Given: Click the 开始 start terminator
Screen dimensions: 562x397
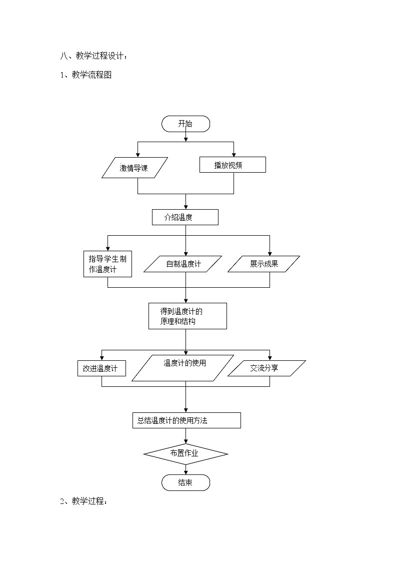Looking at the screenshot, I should pyautogui.click(x=185, y=124).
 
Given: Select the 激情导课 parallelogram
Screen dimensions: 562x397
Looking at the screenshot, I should pyautogui.click(x=135, y=168).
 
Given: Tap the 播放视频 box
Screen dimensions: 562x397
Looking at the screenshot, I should pyautogui.click(x=232, y=165).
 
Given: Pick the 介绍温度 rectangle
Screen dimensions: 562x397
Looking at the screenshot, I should pyautogui.click(x=185, y=217).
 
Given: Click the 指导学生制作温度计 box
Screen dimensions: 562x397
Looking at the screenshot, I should pyautogui.click(x=107, y=264).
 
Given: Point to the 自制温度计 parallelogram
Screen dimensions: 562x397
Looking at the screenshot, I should pyautogui.click(x=182, y=264).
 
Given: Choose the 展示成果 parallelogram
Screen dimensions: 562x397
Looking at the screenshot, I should pyautogui.click(x=263, y=264).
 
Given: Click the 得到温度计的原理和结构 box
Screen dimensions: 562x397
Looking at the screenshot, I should pyautogui.click(x=187, y=316).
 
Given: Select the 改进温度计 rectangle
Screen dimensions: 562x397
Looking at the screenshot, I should pyautogui.click(x=101, y=368).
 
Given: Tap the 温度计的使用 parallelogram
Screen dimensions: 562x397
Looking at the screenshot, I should pyautogui.click(x=183, y=368).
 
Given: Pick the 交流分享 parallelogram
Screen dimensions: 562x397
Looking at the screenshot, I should pyautogui.click(x=266, y=368).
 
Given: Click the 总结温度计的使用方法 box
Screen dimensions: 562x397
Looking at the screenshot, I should pyautogui.click(x=185, y=420).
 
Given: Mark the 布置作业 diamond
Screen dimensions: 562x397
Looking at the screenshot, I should pyautogui.click(x=185, y=454).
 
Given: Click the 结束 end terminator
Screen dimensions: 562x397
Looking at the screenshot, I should pyautogui.click(x=185, y=483).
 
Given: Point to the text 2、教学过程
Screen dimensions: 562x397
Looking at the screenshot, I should pyautogui.click(x=84, y=501).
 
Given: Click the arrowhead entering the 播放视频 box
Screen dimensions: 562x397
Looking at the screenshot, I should pyautogui.click(x=233, y=155).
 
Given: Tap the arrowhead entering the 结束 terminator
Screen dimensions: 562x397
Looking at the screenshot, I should pyautogui.click(x=185, y=473).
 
